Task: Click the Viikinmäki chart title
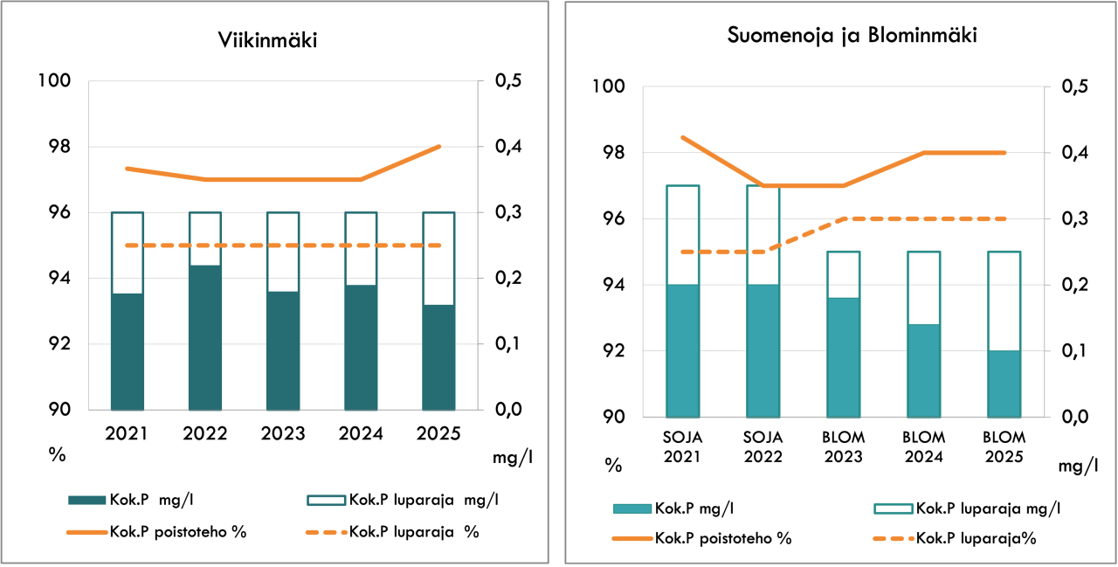tap(267, 40)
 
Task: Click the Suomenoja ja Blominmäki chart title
tap(852, 35)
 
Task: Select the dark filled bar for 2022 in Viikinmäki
tap(205, 338)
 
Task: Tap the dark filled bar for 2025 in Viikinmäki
tap(438, 357)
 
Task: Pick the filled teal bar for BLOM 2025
tap(1004, 384)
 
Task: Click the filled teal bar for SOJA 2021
tap(683, 351)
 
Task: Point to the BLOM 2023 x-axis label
tap(843, 446)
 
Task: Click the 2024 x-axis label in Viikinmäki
tap(361, 433)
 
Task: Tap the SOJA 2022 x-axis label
tap(763, 446)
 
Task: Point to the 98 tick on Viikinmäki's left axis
tap(59, 147)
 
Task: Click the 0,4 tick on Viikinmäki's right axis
tap(508, 147)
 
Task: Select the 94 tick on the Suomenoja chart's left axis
tap(613, 285)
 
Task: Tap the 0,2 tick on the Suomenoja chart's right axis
tap(1074, 285)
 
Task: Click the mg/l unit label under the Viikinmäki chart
tap(513, 457)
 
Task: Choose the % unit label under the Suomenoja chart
tap(613, 466)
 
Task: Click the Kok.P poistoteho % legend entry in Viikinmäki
tap(156, 532)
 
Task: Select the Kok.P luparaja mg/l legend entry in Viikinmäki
tap(403, 500)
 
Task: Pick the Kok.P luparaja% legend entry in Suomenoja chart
tap(955, 538)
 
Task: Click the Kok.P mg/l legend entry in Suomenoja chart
tap(673, 508)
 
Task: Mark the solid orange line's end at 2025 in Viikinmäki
tap(439, 147)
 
